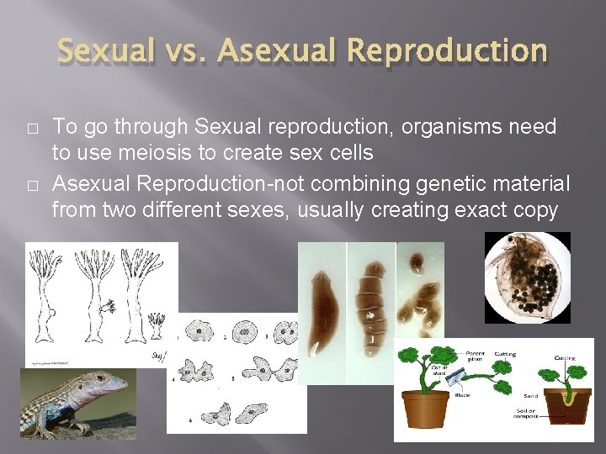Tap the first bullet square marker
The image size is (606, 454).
coord(31,129)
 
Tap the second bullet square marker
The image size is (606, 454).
coord(31,185)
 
